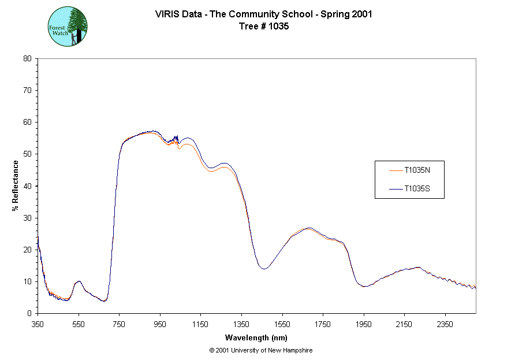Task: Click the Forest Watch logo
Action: [68, 27]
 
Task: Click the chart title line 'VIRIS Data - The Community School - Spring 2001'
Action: [263, 14]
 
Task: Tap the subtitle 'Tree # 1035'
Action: [263, 26]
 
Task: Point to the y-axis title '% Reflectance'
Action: [16, 185]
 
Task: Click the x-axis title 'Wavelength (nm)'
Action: [256, 337]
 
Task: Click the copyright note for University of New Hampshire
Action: [261, 350]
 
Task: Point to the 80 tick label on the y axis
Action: [27, 58]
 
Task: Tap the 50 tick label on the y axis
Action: [27, 154]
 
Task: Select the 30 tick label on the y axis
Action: [27, 218]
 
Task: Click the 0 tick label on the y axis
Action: [29, 313]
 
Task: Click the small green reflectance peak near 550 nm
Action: [79, 281]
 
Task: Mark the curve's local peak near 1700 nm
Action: [309, 228]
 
